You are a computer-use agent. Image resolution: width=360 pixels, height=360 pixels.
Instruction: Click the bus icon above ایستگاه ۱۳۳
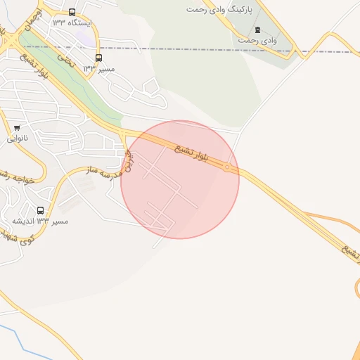72,12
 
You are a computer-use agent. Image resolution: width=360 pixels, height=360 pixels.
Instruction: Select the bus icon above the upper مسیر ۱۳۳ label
98,58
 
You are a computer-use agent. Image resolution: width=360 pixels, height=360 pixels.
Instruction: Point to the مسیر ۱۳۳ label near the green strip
98,68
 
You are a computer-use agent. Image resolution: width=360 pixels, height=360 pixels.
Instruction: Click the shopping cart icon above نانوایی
16,128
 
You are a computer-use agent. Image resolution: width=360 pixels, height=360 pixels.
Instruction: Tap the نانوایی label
18,138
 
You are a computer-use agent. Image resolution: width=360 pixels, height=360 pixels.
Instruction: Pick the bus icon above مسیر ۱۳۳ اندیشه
40,210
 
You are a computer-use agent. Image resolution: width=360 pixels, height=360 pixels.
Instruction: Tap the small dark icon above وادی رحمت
257,30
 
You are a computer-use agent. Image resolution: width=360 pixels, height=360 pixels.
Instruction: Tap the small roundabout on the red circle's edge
227,168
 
